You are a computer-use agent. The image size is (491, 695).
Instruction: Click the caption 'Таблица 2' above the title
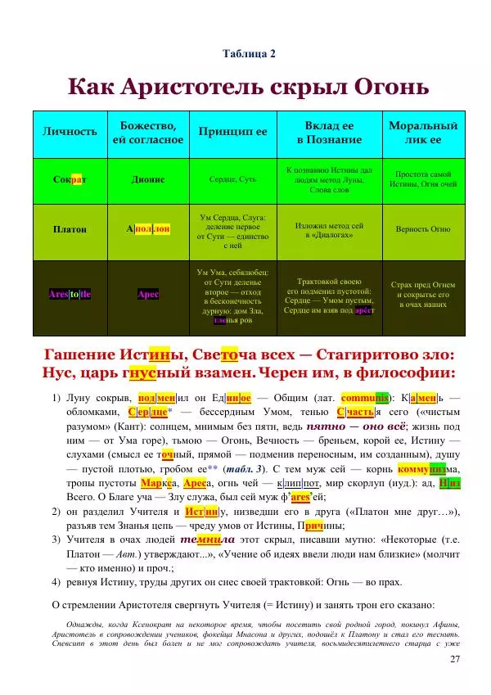point(249,54)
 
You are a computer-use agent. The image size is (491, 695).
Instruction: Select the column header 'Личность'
point(70,132)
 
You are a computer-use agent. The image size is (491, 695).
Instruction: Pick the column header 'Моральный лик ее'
point(423,133)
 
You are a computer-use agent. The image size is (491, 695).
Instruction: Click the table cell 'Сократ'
point(70,178)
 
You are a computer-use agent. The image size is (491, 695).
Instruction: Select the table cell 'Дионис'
point(148,178)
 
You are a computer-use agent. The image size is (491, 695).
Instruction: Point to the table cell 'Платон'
point(70,229)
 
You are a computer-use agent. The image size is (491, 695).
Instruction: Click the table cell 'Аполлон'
point(148,229)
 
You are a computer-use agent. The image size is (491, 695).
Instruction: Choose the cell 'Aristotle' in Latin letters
point(70,293)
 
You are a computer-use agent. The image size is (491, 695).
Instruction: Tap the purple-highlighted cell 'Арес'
point(148,293)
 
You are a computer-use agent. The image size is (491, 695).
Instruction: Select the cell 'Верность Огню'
point(423,229)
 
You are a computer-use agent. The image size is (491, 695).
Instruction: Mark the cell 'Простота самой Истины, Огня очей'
point(423,179)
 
